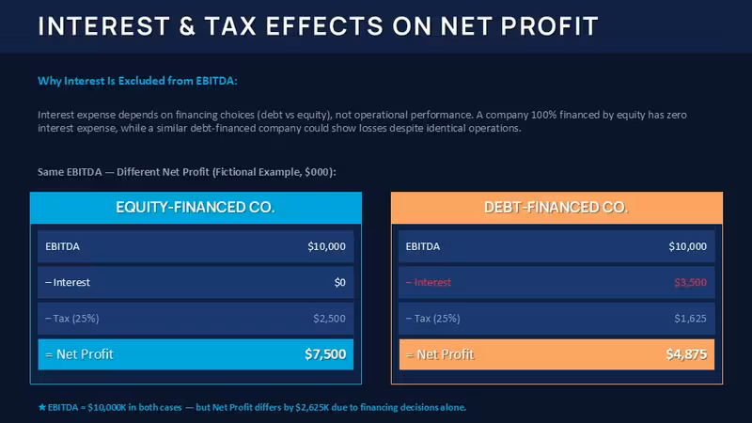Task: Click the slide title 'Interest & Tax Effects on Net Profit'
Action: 318,26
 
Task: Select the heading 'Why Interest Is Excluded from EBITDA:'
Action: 137,81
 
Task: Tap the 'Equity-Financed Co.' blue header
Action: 196,208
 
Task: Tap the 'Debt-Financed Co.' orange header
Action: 556,208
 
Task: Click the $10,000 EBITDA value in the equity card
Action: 326,246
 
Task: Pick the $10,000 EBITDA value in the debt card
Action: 688,246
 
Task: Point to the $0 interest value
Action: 340,283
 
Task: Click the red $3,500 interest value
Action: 691,283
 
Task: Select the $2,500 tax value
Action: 330,319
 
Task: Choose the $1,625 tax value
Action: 691,319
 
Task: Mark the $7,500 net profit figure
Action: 325,354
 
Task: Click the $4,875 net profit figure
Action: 686,354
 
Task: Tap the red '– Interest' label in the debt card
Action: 429,283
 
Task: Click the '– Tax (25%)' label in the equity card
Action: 72,319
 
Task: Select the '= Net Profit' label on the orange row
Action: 440,354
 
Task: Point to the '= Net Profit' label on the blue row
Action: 79,354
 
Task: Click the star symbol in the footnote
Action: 42,407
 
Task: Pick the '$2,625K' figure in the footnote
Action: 312,408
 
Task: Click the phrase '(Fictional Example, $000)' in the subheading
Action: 274,172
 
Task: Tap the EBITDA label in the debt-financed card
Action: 422,246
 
